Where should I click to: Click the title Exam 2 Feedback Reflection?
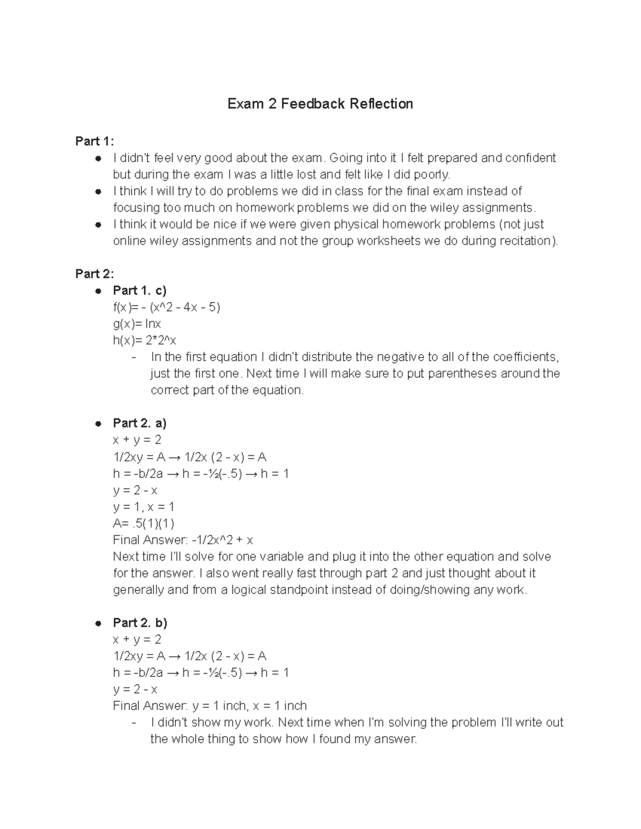tap(320, 104)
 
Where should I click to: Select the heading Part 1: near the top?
tap(95, 141)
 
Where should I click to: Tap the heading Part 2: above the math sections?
tap(95, 274)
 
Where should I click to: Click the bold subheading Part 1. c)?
tap(139, 290)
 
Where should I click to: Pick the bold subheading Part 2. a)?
tap(139, 423)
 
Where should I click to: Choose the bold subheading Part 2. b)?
tap(140, 623)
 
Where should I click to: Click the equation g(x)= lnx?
tap(137, 324)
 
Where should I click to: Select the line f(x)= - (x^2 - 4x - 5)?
tap(166, 307)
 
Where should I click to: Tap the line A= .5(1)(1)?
tap(144, 523)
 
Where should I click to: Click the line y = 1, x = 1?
tap(144, 507)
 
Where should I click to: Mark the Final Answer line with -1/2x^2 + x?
tap(183, 540)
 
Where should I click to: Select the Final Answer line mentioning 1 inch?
tap(209, 706)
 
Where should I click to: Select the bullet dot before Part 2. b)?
tap(98, 623)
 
